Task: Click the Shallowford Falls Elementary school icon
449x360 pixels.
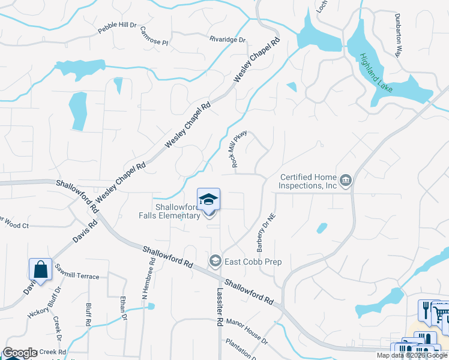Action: pyautogui.click(x=208, y=199)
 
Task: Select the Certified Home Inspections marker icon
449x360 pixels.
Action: pyautogui.click(x=346, y=180)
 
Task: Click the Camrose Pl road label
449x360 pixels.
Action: pyautogui.click(x=154, y=37)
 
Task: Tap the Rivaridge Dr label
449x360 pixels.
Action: pyautogui.click(x=228, y=40)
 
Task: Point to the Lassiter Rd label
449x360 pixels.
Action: pyautogui.click(x=219, y=306)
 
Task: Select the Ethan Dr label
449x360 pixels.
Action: pyautogui.click(x=124, y=310)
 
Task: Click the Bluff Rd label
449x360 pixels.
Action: pyautogui.click(x=88, y=313)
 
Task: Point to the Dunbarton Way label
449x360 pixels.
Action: pyautogui.click(x=397, y=35)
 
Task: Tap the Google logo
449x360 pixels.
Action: pyautogui.click(x=20, y=353)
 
